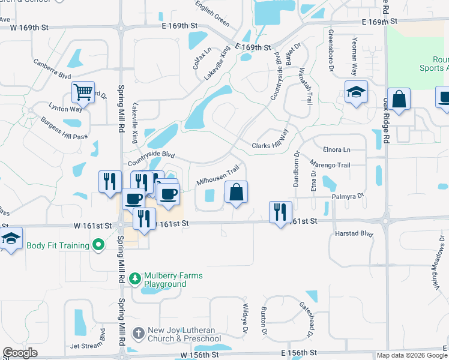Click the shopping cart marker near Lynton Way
coord(83,92)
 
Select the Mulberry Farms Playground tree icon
coord(134,279)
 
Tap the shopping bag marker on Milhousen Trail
coord(237,192)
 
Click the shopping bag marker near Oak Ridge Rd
coord(398,99)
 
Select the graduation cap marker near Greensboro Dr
coord(356,92)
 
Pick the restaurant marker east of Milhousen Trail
coord(280,212)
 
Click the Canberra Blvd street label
coord(53,69)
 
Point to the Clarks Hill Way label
coord(270,146)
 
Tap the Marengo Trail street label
coord(330,164)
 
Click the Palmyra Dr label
coord(346,196)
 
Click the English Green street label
coord(212,15)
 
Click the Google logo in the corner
coord(20,353)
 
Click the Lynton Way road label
coord(65,107)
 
